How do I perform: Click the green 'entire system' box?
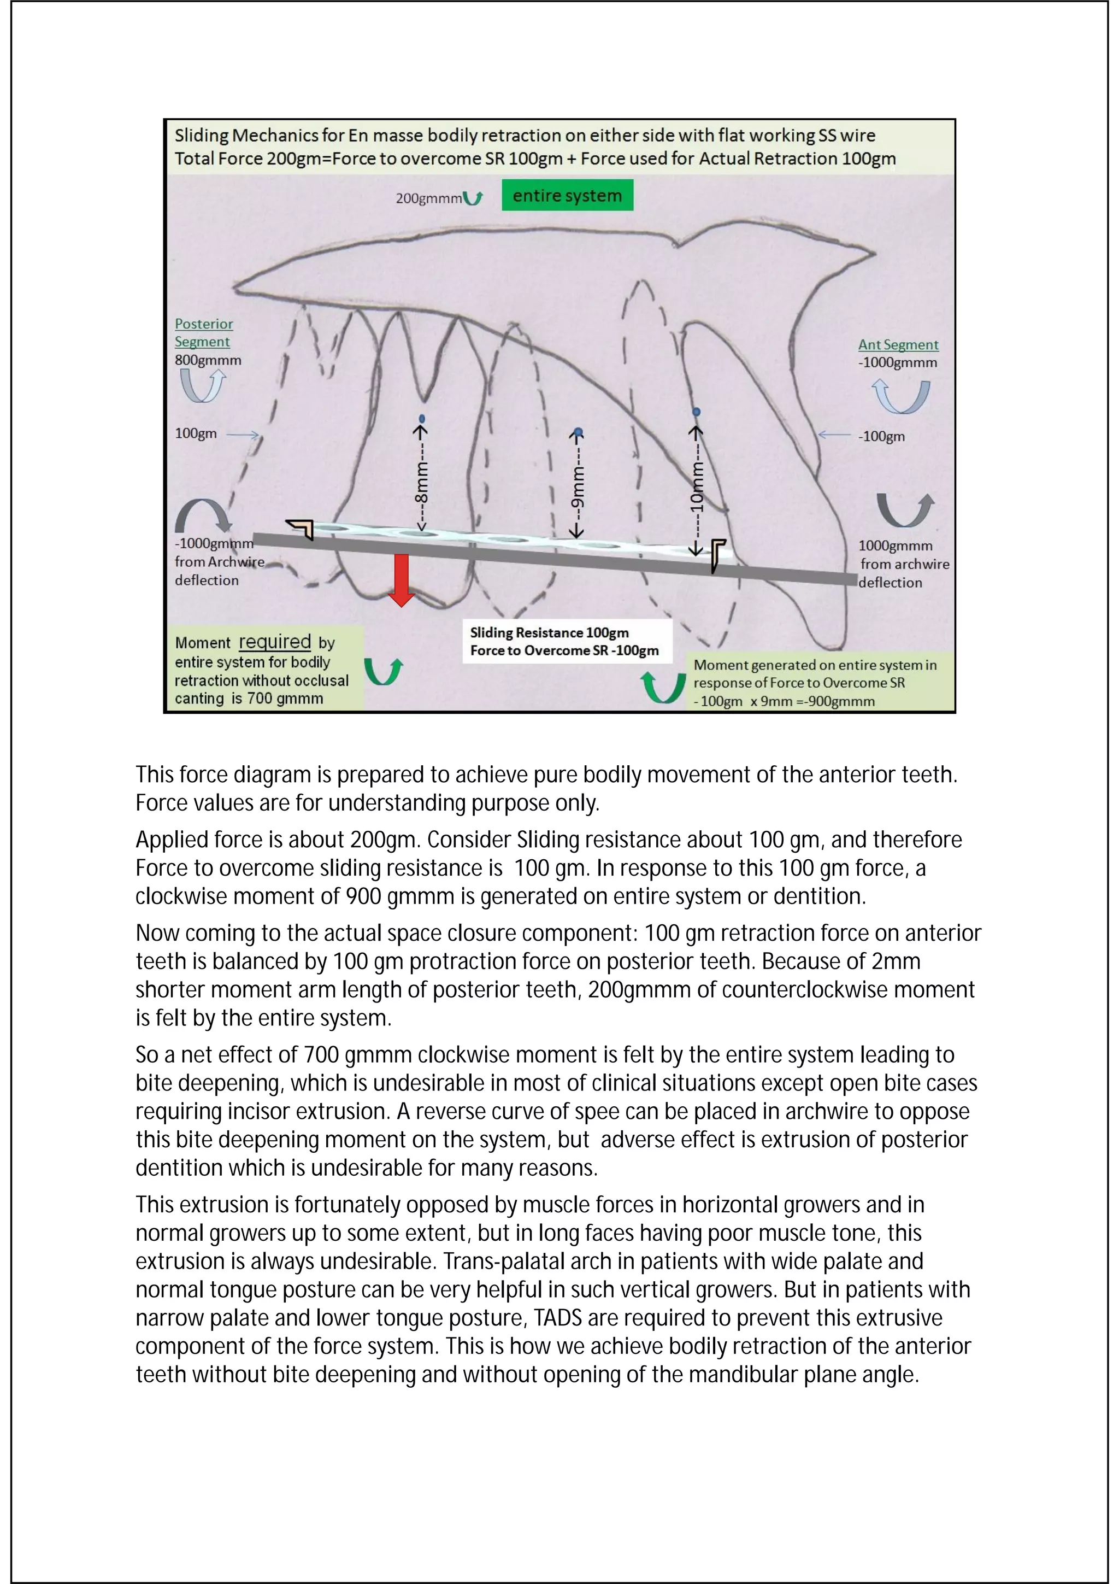coord(567,196)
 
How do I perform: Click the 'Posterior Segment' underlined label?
coord(203,332)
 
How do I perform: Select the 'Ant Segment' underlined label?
coord(898,344)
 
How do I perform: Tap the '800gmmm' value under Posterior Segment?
coord(208,360)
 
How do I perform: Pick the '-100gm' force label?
coord(881,436)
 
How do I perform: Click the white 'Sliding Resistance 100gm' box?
coord(566,641)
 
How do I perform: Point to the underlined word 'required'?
coord(274,642)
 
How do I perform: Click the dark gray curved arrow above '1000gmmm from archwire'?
coord(905,510)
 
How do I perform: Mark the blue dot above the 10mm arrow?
coord(696,412)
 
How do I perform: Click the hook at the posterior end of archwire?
coord(301,529)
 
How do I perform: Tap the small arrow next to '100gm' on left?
coord(242,435)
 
